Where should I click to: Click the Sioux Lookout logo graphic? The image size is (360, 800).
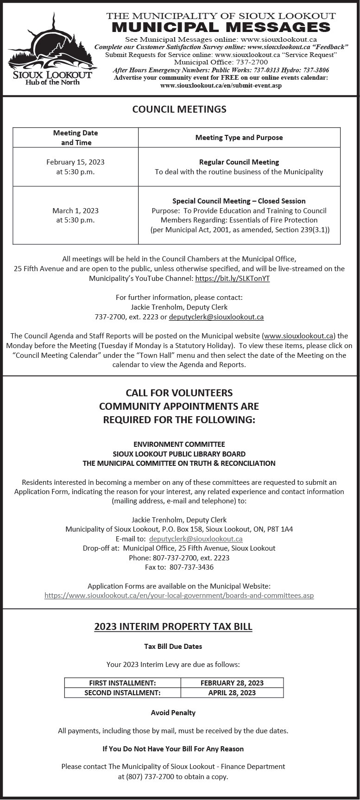tap(51, 49)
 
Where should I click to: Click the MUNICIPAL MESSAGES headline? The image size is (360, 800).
tap(221, 27)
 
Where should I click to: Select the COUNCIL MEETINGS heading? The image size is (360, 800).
tap(179, 109)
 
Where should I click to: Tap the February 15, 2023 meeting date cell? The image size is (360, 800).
tap(76, 167)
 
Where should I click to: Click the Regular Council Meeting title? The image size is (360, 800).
tap(239, 162)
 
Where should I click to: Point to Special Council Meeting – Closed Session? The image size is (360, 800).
tap(239, 201)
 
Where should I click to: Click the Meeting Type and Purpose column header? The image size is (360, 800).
tap(239, 138)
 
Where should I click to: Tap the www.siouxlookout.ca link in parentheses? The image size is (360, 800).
tap(298, 336)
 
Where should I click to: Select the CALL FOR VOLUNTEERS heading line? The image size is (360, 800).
tap(179, 393)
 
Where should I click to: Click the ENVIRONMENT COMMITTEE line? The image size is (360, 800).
tap(179, 444)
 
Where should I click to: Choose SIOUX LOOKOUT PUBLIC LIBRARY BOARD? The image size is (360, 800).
tap(179, 454)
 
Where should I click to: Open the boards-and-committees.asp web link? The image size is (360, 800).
tap(179, 596)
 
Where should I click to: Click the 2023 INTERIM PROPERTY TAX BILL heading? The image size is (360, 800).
tap(173, 627)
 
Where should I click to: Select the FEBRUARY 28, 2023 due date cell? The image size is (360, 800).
tap(232, 683)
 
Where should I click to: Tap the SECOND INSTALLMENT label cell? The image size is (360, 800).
tap(122, 693)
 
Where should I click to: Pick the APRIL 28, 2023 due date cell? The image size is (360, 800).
tap(232, 693)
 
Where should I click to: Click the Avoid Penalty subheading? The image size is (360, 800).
tap(173, 713)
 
